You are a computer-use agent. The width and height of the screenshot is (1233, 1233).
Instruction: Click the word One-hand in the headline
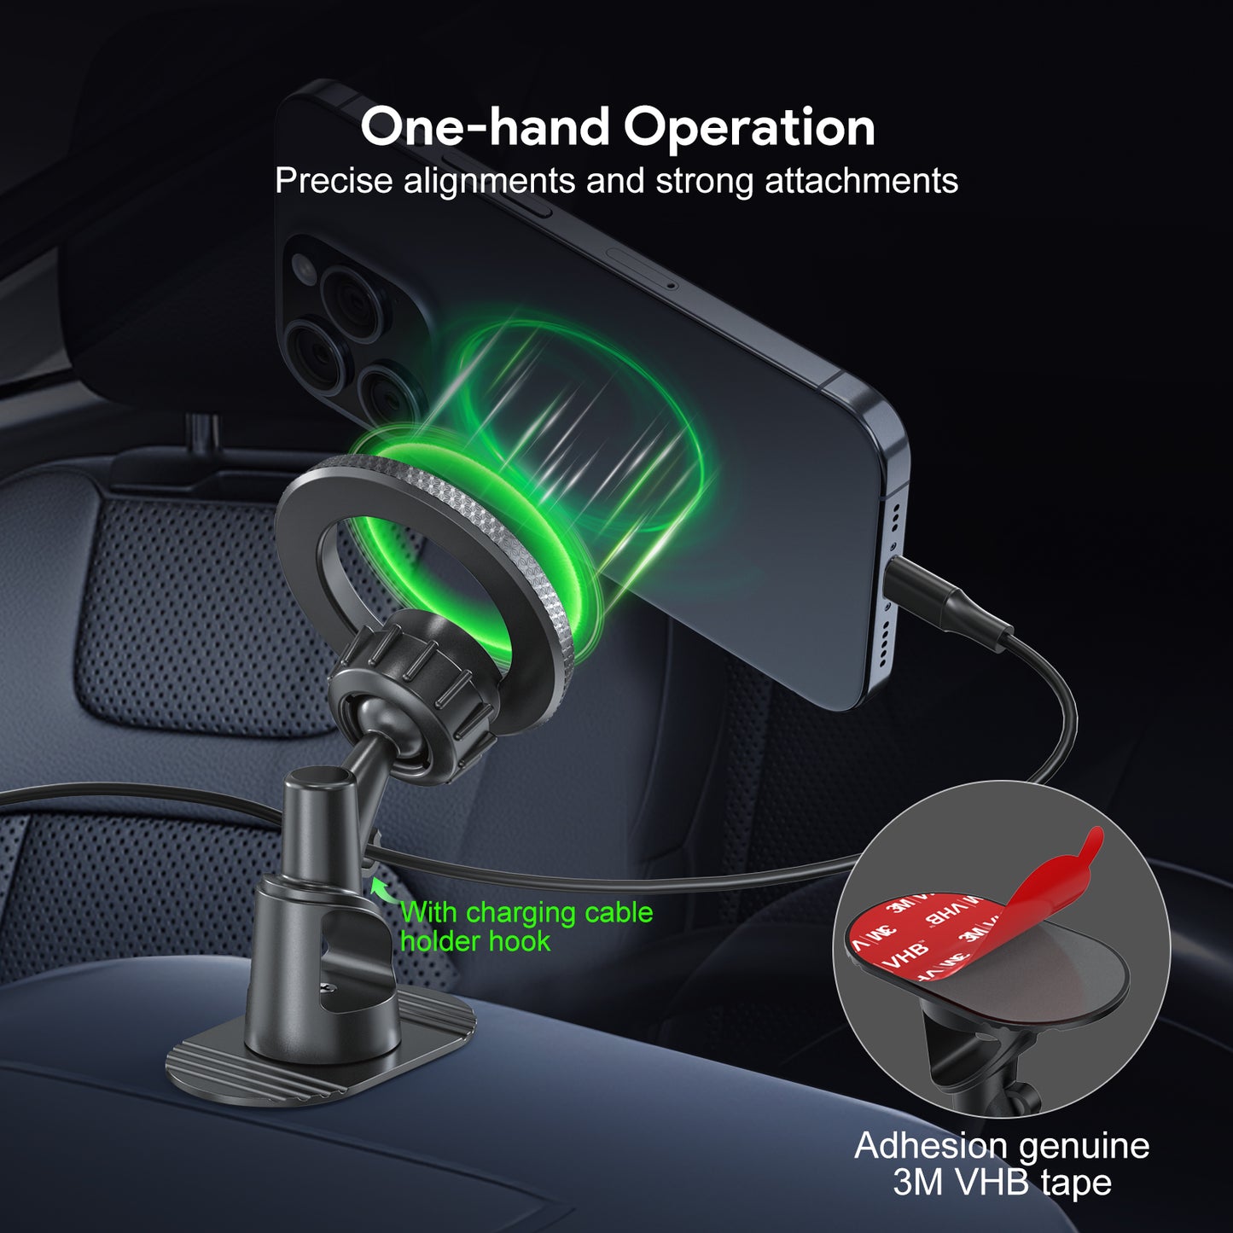pyautogui.click(x=485, y=127)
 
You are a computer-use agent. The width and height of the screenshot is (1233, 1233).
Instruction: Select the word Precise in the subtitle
pyautogui.click(x=334, y=180)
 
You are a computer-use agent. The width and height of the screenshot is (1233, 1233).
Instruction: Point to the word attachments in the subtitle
pyautogui.click(x=861, y=180)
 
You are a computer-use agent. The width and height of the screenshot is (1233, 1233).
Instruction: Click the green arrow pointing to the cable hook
pyautogui.click(x=382, y=888)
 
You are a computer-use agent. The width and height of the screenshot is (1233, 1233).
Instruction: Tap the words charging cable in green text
pyautogui.click(x=559, y=913)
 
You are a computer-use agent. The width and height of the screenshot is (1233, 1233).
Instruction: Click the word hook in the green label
pyautogui.click(x=521, y=941)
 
